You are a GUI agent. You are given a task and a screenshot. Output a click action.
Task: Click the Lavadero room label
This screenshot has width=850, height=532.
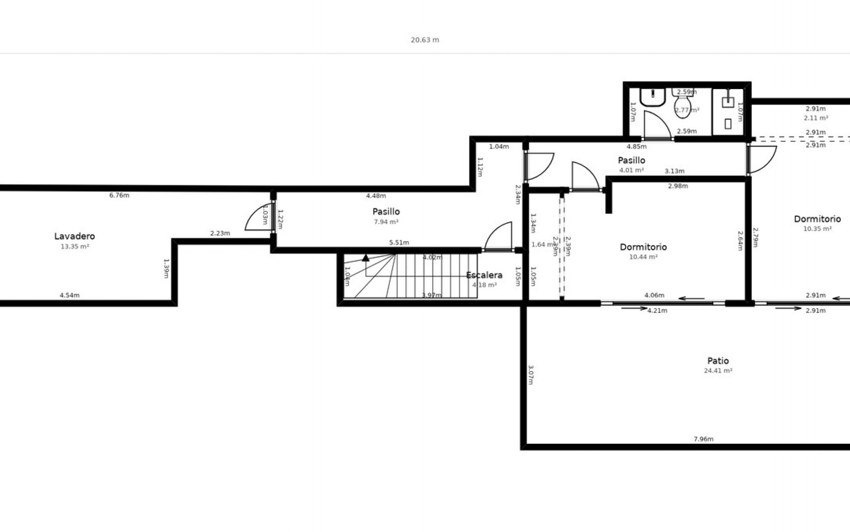tap(74, 236)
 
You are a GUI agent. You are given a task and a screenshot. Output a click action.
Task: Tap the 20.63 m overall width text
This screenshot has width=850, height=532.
tap(425, 40)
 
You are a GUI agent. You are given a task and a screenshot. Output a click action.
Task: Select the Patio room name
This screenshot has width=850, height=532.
tap(718, 361)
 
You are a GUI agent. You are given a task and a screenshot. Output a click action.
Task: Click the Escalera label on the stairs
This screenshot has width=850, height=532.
tap(484, 275)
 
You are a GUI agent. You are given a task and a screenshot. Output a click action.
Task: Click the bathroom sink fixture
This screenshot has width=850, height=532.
tap(653, 97)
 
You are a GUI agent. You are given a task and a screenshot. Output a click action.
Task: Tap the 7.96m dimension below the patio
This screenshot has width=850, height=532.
tap(703, 439)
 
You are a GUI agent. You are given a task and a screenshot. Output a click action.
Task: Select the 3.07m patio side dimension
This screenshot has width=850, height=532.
tap(531, 375)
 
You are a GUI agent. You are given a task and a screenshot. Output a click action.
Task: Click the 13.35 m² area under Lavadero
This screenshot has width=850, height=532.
tap(75, 246)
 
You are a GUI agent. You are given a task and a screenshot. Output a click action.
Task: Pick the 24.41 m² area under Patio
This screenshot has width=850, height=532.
tap(718, 371)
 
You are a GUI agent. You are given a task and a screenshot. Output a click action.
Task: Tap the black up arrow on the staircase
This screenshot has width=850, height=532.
tap(366, 258)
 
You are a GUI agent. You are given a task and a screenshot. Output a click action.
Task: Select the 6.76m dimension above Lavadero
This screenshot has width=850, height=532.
tap(119, 196)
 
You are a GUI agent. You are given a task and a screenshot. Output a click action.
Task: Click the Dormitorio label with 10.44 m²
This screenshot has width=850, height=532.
tap(643, 247)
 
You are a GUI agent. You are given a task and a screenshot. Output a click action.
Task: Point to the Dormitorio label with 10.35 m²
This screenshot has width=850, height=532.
tap(817, 219)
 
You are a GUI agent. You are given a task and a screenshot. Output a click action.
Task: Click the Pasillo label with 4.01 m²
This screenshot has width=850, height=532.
tap(631, 160)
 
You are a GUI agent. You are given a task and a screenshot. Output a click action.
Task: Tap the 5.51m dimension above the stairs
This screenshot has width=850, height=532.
tap(399, 243)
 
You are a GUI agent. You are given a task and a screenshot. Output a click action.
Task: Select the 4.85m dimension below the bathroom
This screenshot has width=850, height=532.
tap(636, 146)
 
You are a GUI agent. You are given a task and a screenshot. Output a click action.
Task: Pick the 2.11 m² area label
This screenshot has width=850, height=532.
tap(815, 118)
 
